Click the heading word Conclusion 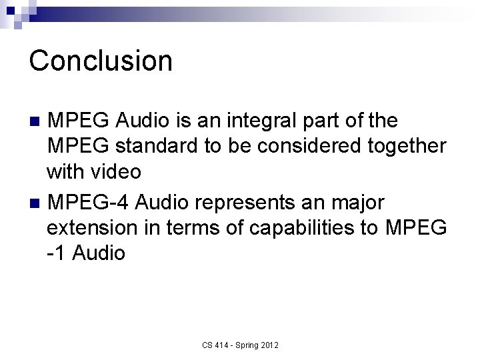coord(101,61)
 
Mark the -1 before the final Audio coord(56,253)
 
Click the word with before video coord(65,171)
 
